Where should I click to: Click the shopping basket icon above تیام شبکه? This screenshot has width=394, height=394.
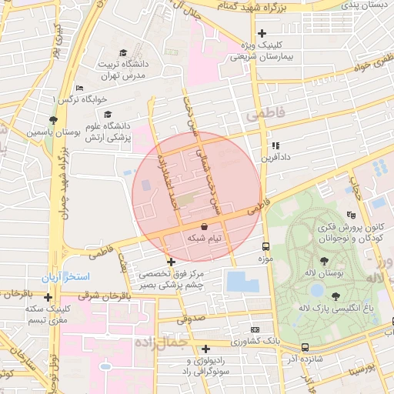[x=204, y=226]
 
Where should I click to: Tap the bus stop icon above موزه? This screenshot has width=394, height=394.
[x=265, y=247]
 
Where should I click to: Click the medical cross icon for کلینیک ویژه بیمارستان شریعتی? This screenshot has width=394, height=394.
[x=262, y=33]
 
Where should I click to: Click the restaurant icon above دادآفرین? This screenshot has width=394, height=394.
[x=275, y=145]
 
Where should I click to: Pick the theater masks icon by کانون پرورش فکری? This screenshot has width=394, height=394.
[x=351, y=215]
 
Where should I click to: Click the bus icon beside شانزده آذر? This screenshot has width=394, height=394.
[x=306, y=347]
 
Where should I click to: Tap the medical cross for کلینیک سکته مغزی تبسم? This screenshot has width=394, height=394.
[x=48, y=297]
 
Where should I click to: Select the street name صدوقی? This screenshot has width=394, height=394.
[x=189, y=319]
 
